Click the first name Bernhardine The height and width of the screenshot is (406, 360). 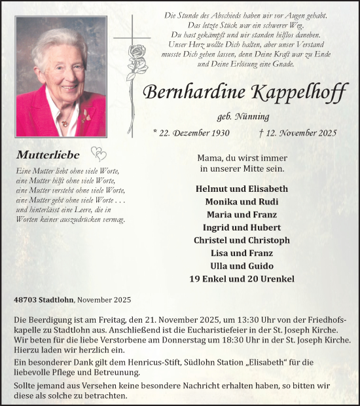point(193,92)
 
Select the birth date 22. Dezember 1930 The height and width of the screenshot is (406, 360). point(188,132)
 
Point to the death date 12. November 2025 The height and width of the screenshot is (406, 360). point(298,132)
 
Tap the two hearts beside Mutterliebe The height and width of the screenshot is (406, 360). point(98,155)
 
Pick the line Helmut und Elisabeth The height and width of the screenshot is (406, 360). point(242,189)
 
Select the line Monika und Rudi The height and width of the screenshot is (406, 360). point(242,202)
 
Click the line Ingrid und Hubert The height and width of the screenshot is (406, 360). point(242,227)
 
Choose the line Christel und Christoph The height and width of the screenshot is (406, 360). point(242,240)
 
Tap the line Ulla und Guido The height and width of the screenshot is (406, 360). point(242,266)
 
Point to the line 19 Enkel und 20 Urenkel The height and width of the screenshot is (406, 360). point(242,279)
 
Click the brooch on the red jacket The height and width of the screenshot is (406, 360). point(84,117)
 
